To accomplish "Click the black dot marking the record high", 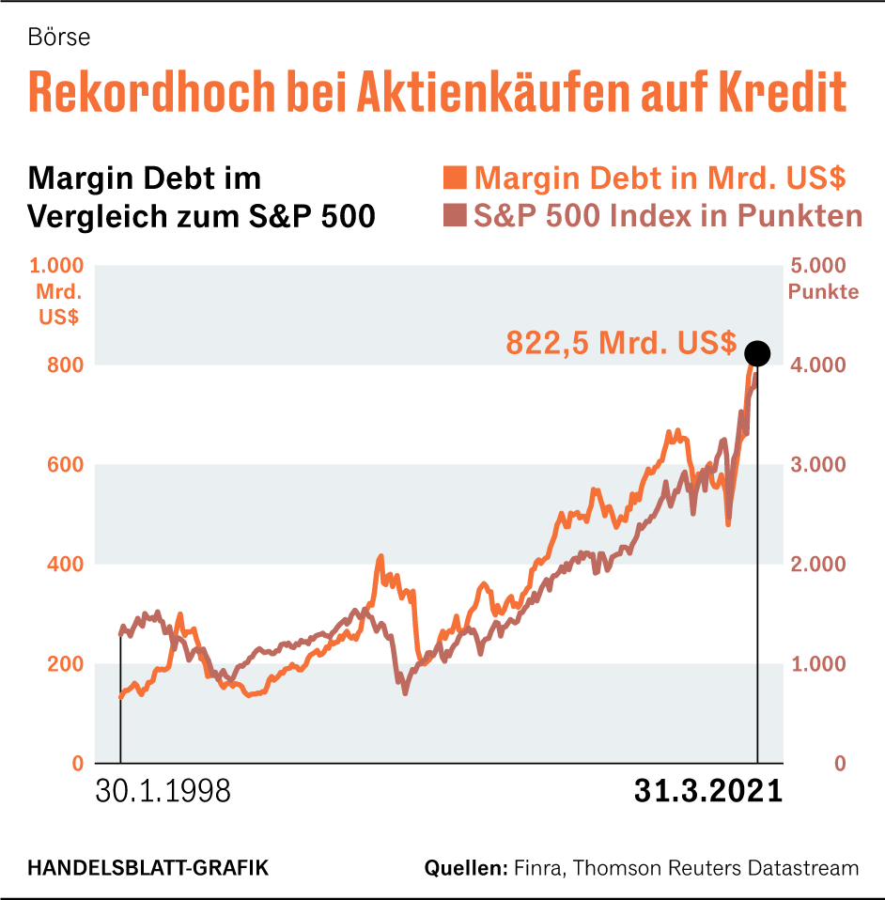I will pyautogui.click(x=757, y=353).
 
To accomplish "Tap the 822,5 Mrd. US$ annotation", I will pyautogui.click(x=621, y=343).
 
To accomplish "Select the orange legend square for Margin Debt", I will pyautogui.click(x=455, y=178).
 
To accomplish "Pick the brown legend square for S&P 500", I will pyautogui.click(x=455, y=216).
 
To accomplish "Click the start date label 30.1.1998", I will pyautogui.click(x=163, y=791).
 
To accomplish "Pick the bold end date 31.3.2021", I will pyautogui.click(x=707, y=791).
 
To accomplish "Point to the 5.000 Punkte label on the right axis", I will pyautogui.click(x=823, y=278).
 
